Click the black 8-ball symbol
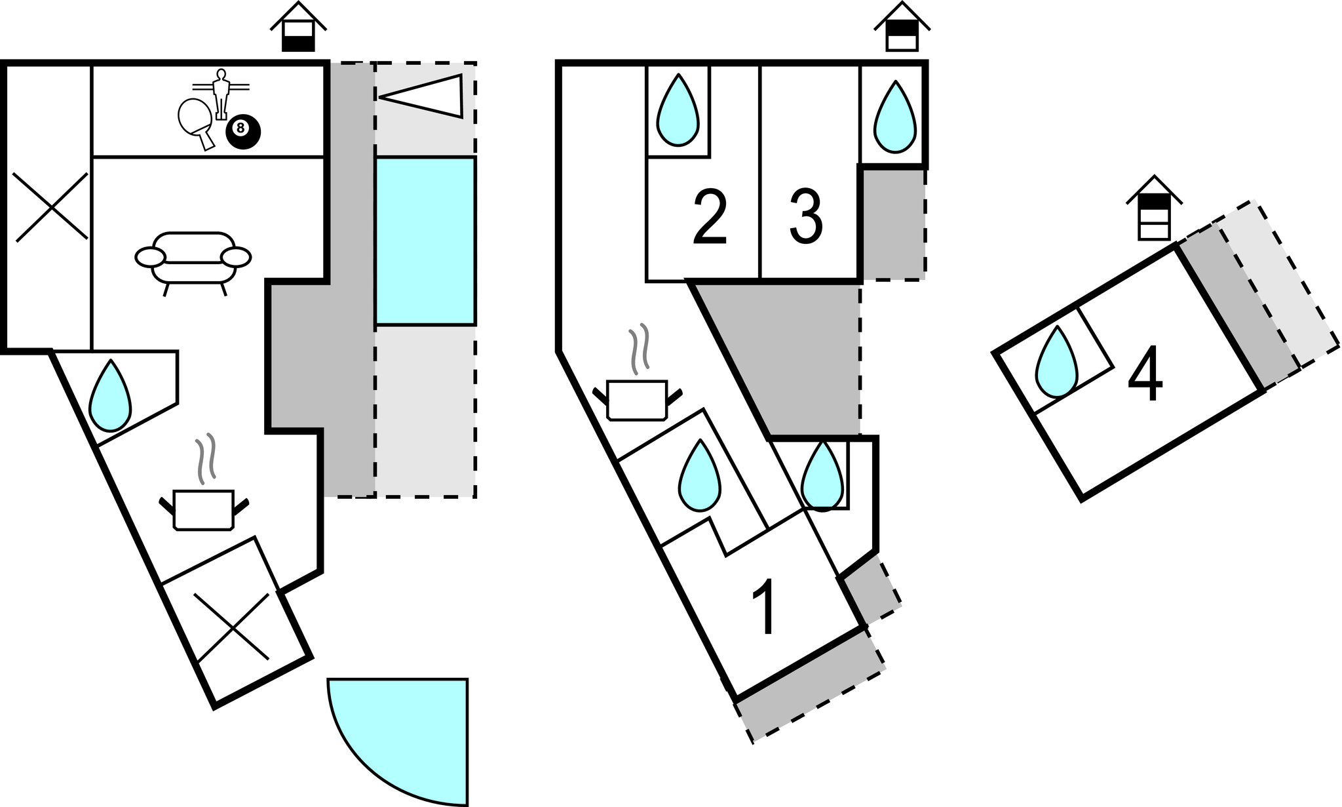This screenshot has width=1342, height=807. [x=243, y=132]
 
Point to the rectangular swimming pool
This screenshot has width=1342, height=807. [x=425, y=241]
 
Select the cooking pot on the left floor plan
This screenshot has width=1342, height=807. [x=204, y=508]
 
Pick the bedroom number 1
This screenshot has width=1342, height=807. [x=764, y=607]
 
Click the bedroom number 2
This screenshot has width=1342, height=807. [x=709, y=218]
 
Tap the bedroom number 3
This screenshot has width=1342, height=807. [x=806, y=216]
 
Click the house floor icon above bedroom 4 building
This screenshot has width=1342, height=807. [x=1154, y=208]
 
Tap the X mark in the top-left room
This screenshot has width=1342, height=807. [x=51, y=207]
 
